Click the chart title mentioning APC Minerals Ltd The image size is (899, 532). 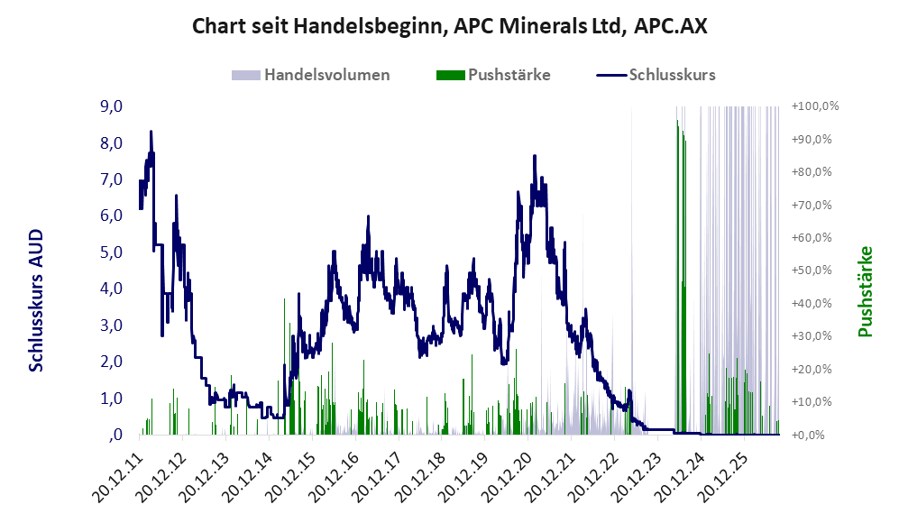(449, 26)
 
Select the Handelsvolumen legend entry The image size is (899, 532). (311, 75)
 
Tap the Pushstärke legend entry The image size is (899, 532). (493, 75)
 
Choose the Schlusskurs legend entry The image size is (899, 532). (656, 75)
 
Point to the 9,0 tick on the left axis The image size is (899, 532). (111, 106)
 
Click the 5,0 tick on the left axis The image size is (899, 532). (111, 252)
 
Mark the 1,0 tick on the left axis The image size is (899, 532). (111, 399)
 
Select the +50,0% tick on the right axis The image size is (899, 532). (812, 270)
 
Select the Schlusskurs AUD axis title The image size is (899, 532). (36, 300)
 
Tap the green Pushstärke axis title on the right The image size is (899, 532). (865, 292)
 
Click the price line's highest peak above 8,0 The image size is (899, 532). (151, 132)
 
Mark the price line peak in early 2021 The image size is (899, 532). (535, 156)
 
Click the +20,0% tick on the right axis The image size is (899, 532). (812, 369)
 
